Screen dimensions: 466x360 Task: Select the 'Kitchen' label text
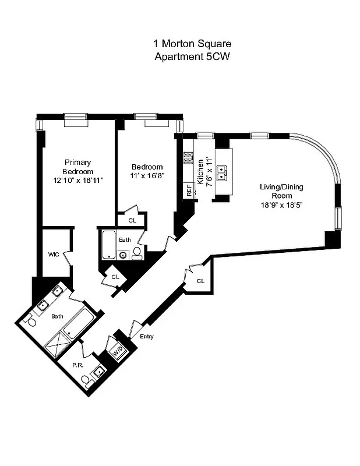(200, 172)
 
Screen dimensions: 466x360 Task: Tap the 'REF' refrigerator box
(189, 190)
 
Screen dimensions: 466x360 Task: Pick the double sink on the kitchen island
(222, 172)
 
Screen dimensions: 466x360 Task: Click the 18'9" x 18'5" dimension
(281, 205)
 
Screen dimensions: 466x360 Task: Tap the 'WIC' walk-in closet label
(54, 255)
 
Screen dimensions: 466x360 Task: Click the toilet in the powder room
(87, 380)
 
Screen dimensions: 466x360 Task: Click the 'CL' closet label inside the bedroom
(132, 220)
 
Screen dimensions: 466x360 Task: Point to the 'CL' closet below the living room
(200, 281)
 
